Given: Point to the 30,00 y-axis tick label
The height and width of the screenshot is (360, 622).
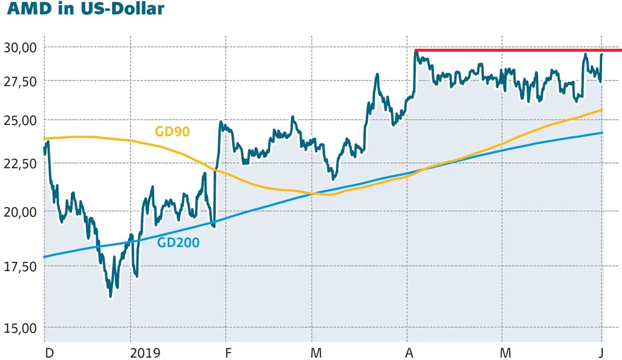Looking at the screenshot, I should point(21,47).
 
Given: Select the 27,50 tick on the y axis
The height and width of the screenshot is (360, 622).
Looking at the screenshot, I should point(21,81).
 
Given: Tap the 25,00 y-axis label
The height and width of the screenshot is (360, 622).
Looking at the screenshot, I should point(21,119).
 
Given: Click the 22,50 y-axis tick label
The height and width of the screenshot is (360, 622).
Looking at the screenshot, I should point(21,163).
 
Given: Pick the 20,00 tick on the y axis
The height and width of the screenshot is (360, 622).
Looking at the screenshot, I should point(21,211).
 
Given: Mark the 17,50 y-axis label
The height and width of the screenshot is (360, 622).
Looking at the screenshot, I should point(21,266).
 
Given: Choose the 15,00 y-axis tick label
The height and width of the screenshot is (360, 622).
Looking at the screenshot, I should point(21,328).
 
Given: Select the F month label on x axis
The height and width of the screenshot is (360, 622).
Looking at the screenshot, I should point(228,353).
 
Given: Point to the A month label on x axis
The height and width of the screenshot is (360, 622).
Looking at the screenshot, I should point(410,353).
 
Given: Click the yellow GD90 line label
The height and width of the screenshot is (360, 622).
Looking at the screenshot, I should point(172,131).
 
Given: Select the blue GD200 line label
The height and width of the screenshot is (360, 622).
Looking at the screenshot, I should point(179,243).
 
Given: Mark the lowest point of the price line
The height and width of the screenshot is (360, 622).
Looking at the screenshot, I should point(110,297).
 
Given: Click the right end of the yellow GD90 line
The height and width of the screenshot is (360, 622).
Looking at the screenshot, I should point(601,110).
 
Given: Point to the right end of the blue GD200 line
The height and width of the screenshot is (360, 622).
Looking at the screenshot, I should point(601,132).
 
